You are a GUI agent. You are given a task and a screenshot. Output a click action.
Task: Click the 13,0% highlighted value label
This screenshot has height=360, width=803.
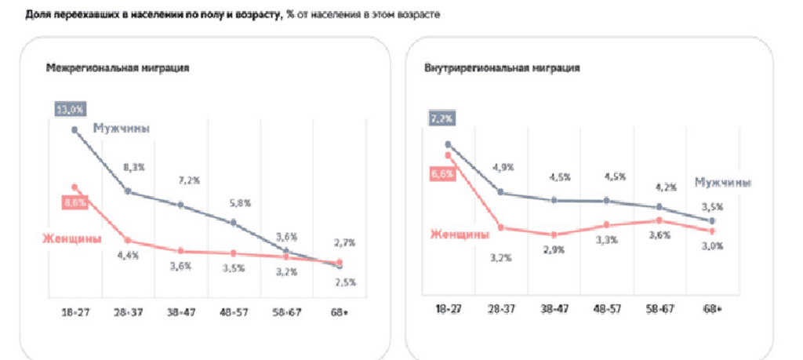pos(69,108)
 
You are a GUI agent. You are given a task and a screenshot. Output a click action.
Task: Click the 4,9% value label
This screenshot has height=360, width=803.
pos(502,167)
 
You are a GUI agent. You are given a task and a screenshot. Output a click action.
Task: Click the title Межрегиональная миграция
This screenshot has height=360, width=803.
pos(117,68)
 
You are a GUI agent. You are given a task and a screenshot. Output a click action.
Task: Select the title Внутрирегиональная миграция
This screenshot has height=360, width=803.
pos(502,68)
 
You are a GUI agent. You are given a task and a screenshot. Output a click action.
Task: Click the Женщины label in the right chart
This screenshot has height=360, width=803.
pos(460,233)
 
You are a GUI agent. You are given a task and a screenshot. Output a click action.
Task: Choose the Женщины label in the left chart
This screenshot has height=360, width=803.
pos(71,238)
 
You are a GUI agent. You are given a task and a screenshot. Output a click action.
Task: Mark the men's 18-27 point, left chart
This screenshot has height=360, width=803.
pos(75,129)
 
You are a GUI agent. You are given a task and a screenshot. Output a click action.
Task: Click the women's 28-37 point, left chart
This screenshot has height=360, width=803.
pos(128,240)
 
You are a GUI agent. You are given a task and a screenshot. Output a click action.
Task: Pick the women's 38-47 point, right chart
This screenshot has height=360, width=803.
pos(553,235)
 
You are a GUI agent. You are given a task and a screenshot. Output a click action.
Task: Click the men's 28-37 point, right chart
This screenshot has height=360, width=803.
pos(500,192)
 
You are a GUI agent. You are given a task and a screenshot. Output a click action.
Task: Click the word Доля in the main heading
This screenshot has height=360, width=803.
pos(38,16)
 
